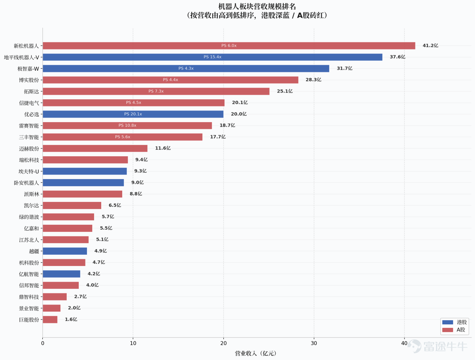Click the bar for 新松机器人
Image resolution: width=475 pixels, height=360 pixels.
pos(229,46)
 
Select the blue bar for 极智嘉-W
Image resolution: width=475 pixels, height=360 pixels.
pos(186,68)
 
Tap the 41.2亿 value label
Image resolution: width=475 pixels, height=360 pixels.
pos(430,45)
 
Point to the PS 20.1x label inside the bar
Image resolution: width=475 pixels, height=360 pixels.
pos(133,114)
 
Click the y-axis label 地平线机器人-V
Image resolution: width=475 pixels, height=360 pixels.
pos(21,57)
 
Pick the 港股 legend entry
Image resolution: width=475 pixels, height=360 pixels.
pos(454,322)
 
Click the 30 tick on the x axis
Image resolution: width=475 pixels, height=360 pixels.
pos(314,343)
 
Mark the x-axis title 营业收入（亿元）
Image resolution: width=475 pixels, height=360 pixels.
pos(256,353)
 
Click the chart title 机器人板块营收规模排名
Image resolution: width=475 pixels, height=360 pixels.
pos(257,6)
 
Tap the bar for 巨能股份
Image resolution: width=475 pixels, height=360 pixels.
pos(50,319)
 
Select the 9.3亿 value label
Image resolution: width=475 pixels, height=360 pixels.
pos(140,171)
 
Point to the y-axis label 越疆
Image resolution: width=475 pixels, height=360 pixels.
pos(34,251)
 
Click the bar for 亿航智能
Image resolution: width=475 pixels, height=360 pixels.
pos(61,274)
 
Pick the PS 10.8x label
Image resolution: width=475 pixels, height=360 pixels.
pos(127,125)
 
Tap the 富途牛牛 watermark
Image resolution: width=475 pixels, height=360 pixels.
pos(438,346)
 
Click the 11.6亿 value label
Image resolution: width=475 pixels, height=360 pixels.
pos(163,148)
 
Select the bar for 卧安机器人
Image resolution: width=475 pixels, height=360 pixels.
pos(83,182)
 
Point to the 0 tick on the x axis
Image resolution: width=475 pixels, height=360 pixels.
pos(43,343)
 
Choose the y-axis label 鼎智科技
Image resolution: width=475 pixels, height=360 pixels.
pos(29,297)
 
